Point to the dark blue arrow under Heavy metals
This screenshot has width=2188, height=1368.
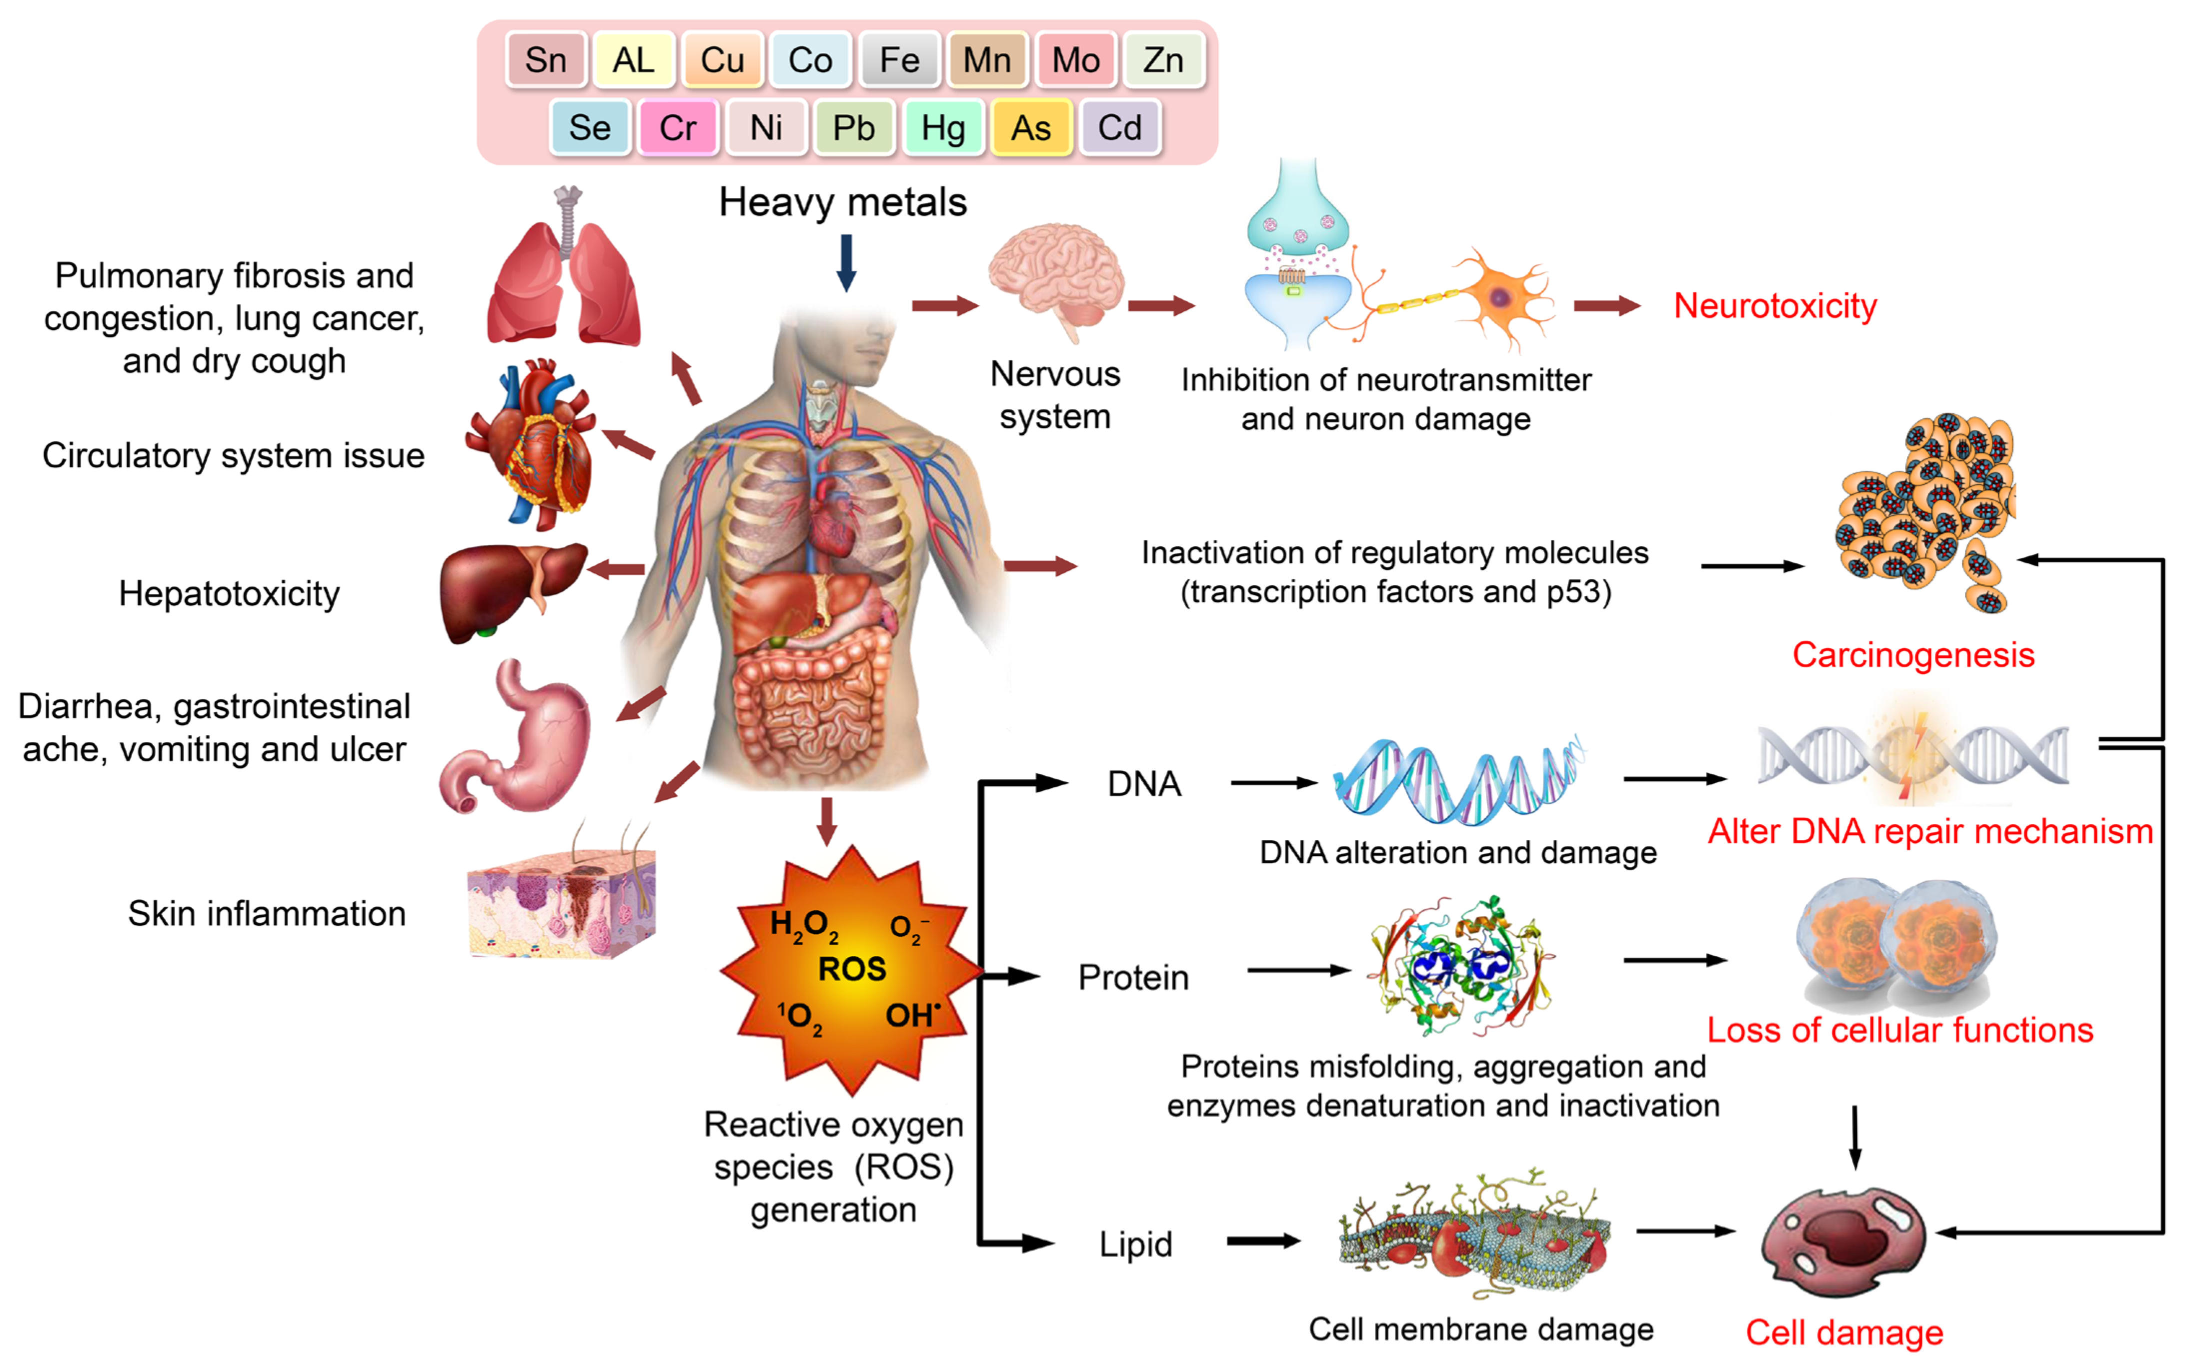846,262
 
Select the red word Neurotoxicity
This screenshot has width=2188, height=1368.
1775,306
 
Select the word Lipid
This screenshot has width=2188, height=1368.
1135,1244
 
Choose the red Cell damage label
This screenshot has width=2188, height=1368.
1844,1332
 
